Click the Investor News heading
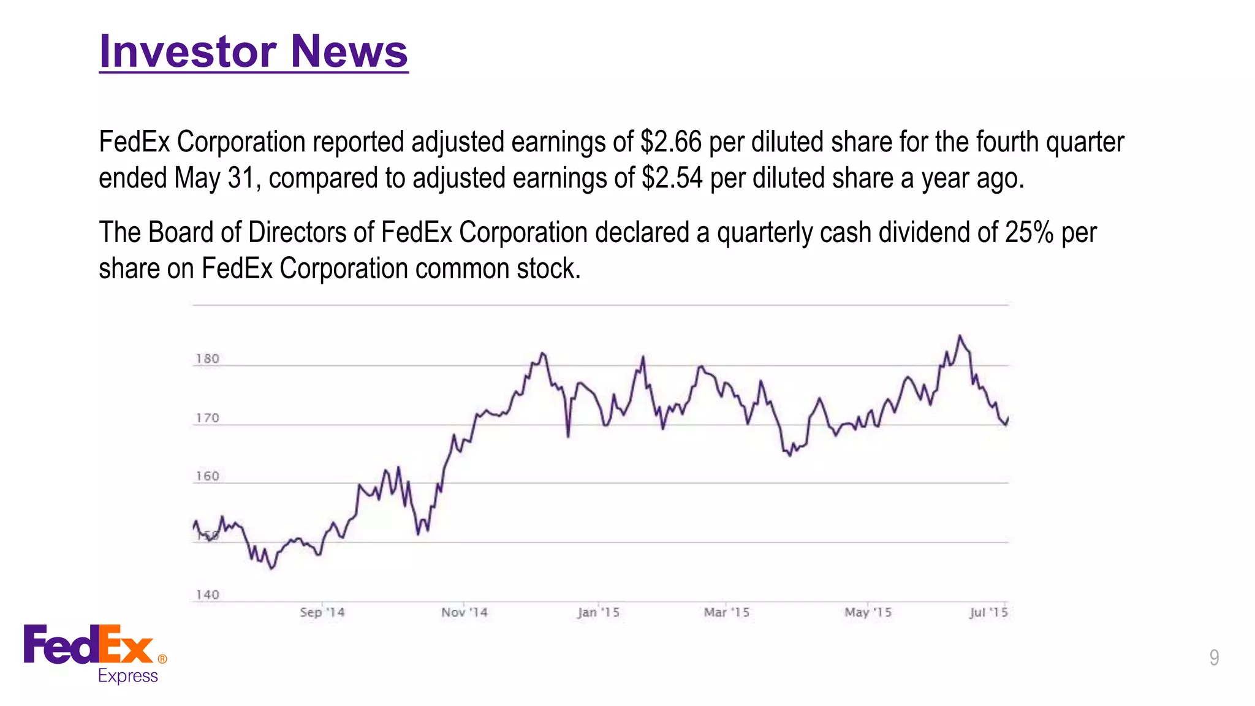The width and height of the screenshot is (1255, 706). tap(253, 51)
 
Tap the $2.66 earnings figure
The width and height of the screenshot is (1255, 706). tap(670, 142)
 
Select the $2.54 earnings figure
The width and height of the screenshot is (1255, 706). tap(672, 178)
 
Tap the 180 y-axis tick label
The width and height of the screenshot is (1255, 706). tap(207, 359)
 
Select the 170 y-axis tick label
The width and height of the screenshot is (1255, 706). tap(207, 418)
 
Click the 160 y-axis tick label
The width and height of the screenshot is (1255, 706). tap(207, 476)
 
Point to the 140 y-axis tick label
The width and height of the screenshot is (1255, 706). tap(207, 594)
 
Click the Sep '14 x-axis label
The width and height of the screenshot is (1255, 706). tap(322, 612)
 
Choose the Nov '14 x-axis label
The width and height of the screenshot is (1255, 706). tap(464, 612)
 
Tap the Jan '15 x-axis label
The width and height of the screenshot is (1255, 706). tap(599, 612)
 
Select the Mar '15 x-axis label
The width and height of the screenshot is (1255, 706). tap(727, 612)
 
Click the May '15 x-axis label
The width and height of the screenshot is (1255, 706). tap(868, 612)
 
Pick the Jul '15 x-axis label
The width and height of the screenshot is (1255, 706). tap(988, 612)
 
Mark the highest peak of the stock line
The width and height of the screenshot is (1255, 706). tap(960, 336)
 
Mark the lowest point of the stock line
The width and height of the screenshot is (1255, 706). tap(273, 569)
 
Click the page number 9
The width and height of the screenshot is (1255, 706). tap(1213, 658)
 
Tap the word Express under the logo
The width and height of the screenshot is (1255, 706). tap(128, 676)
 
